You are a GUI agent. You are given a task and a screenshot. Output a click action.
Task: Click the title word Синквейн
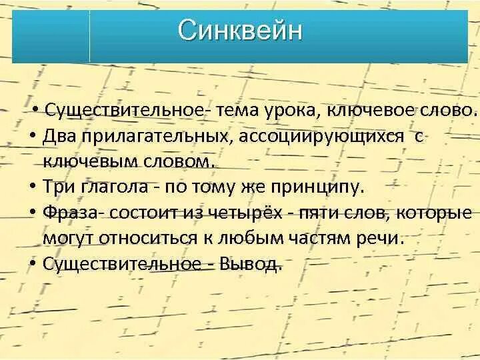[240, 31]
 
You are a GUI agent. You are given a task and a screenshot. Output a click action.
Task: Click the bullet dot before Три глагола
[33, 187]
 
